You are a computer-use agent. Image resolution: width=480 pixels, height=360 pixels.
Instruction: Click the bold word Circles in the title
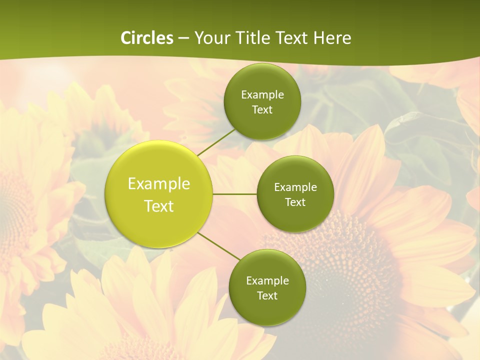tap(147, 38)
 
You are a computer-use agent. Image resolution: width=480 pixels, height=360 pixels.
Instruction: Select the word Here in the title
tap(332, 38)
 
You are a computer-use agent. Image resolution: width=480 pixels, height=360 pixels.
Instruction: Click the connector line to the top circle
tap(216, 142)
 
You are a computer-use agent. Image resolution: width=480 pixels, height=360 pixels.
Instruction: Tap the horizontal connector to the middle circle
tap(234, 194)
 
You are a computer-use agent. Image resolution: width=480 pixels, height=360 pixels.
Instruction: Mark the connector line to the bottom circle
tap(218, 246)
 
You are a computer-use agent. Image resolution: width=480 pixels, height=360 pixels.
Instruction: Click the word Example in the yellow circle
tap(159, 184)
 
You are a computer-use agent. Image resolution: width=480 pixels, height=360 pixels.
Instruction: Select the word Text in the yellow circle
tap(159, 206)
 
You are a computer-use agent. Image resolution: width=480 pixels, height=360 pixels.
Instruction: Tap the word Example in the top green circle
tap(262, 95)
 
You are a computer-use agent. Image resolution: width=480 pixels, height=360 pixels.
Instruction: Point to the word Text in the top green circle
tap(262, 110)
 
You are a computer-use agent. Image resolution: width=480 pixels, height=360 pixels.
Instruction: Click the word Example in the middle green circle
tap(295, 187)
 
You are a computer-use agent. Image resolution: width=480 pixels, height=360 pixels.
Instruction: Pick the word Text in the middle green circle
tap(295, 202)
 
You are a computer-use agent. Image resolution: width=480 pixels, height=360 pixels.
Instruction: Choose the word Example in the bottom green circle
tap(267, 281)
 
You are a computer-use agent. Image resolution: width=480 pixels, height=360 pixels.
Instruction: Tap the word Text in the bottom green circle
tap(267, 296)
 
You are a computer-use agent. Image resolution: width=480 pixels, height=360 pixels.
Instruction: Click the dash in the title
tap(183, 38)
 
